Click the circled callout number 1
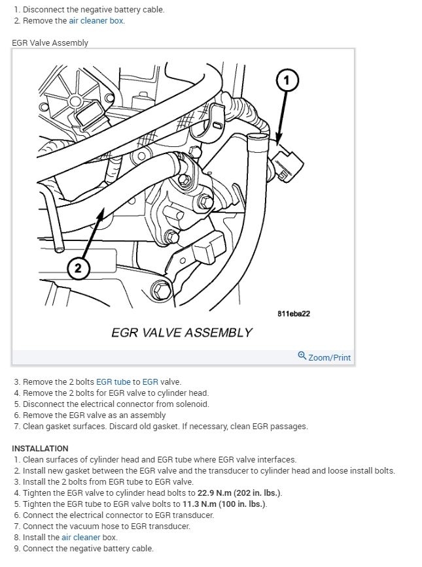(287, 81)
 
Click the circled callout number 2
(78, 268)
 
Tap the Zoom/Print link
(330, 357)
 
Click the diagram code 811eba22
(294, 314)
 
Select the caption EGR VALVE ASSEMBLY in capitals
(181, 332)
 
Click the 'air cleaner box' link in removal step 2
(96, 20)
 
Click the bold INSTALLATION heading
(40, 449)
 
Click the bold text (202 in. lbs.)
(251, 493)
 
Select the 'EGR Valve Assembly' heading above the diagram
(50, 42)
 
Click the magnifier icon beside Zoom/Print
(302, 356)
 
